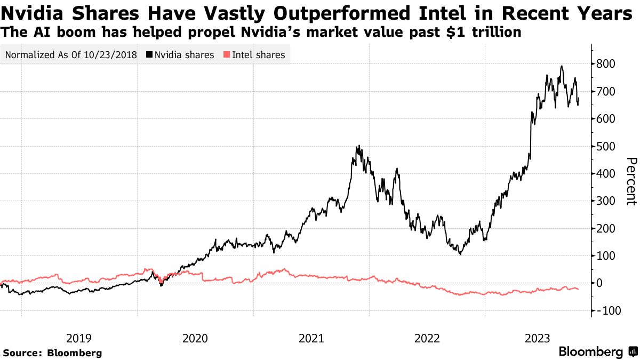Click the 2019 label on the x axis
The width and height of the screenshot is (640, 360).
click(x=79, y=338)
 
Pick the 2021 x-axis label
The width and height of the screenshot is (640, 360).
click(x=311, y=338)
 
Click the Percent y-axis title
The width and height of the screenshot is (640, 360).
click(x=631, y=181)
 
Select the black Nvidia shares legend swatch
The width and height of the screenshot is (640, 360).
click(x=149, y=55)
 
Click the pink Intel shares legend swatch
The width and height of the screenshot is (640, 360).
click(x=227, y=55)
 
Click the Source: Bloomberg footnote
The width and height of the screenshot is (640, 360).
click(x=52, y=353)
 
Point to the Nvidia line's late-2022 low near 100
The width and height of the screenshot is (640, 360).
click(x=460, y=254)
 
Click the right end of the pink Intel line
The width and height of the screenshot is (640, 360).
click(x=578, y=289)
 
